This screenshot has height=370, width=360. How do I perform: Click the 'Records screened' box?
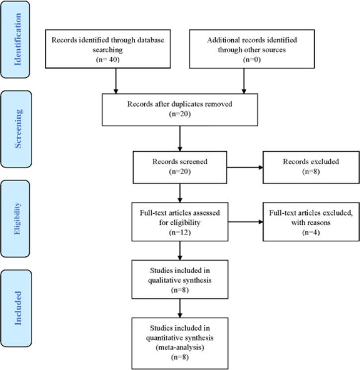tap(180, 167)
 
